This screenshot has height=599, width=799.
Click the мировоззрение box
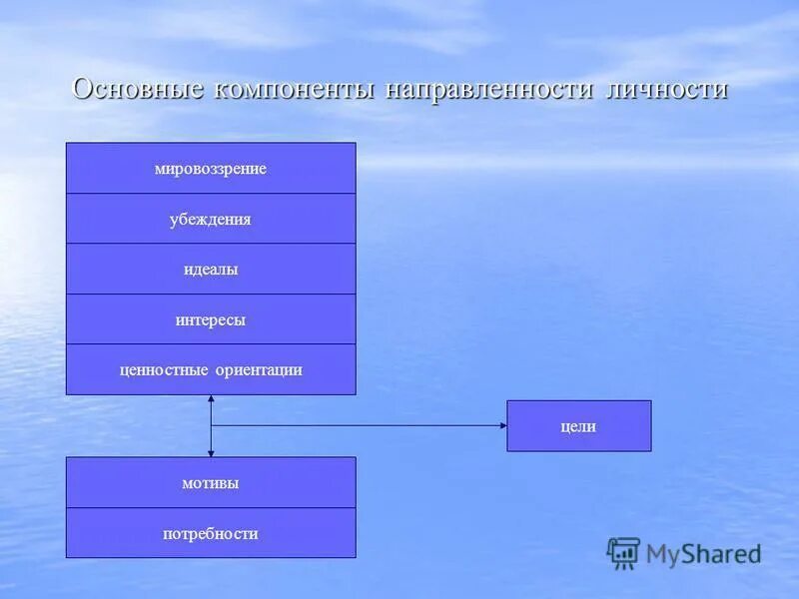click(211, 169)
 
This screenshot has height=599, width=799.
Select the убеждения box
click(211, 220)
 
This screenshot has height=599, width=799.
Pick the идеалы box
click(211, 270)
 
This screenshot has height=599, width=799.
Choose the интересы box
click(211, 320)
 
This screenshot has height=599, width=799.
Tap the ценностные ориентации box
click(211, 370)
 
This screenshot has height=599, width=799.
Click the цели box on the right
click(579, 426)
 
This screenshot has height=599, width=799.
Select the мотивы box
click(211, 483)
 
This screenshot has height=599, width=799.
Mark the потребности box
click(211, 533)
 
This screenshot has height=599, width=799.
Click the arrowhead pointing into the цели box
click(502, 426)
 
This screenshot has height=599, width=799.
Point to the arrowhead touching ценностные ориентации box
click(211, 399)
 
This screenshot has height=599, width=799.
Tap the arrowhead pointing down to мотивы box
click(211, 452)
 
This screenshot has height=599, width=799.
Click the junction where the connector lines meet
click(211, 426)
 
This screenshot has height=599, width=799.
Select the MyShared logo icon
click(623, 553)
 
